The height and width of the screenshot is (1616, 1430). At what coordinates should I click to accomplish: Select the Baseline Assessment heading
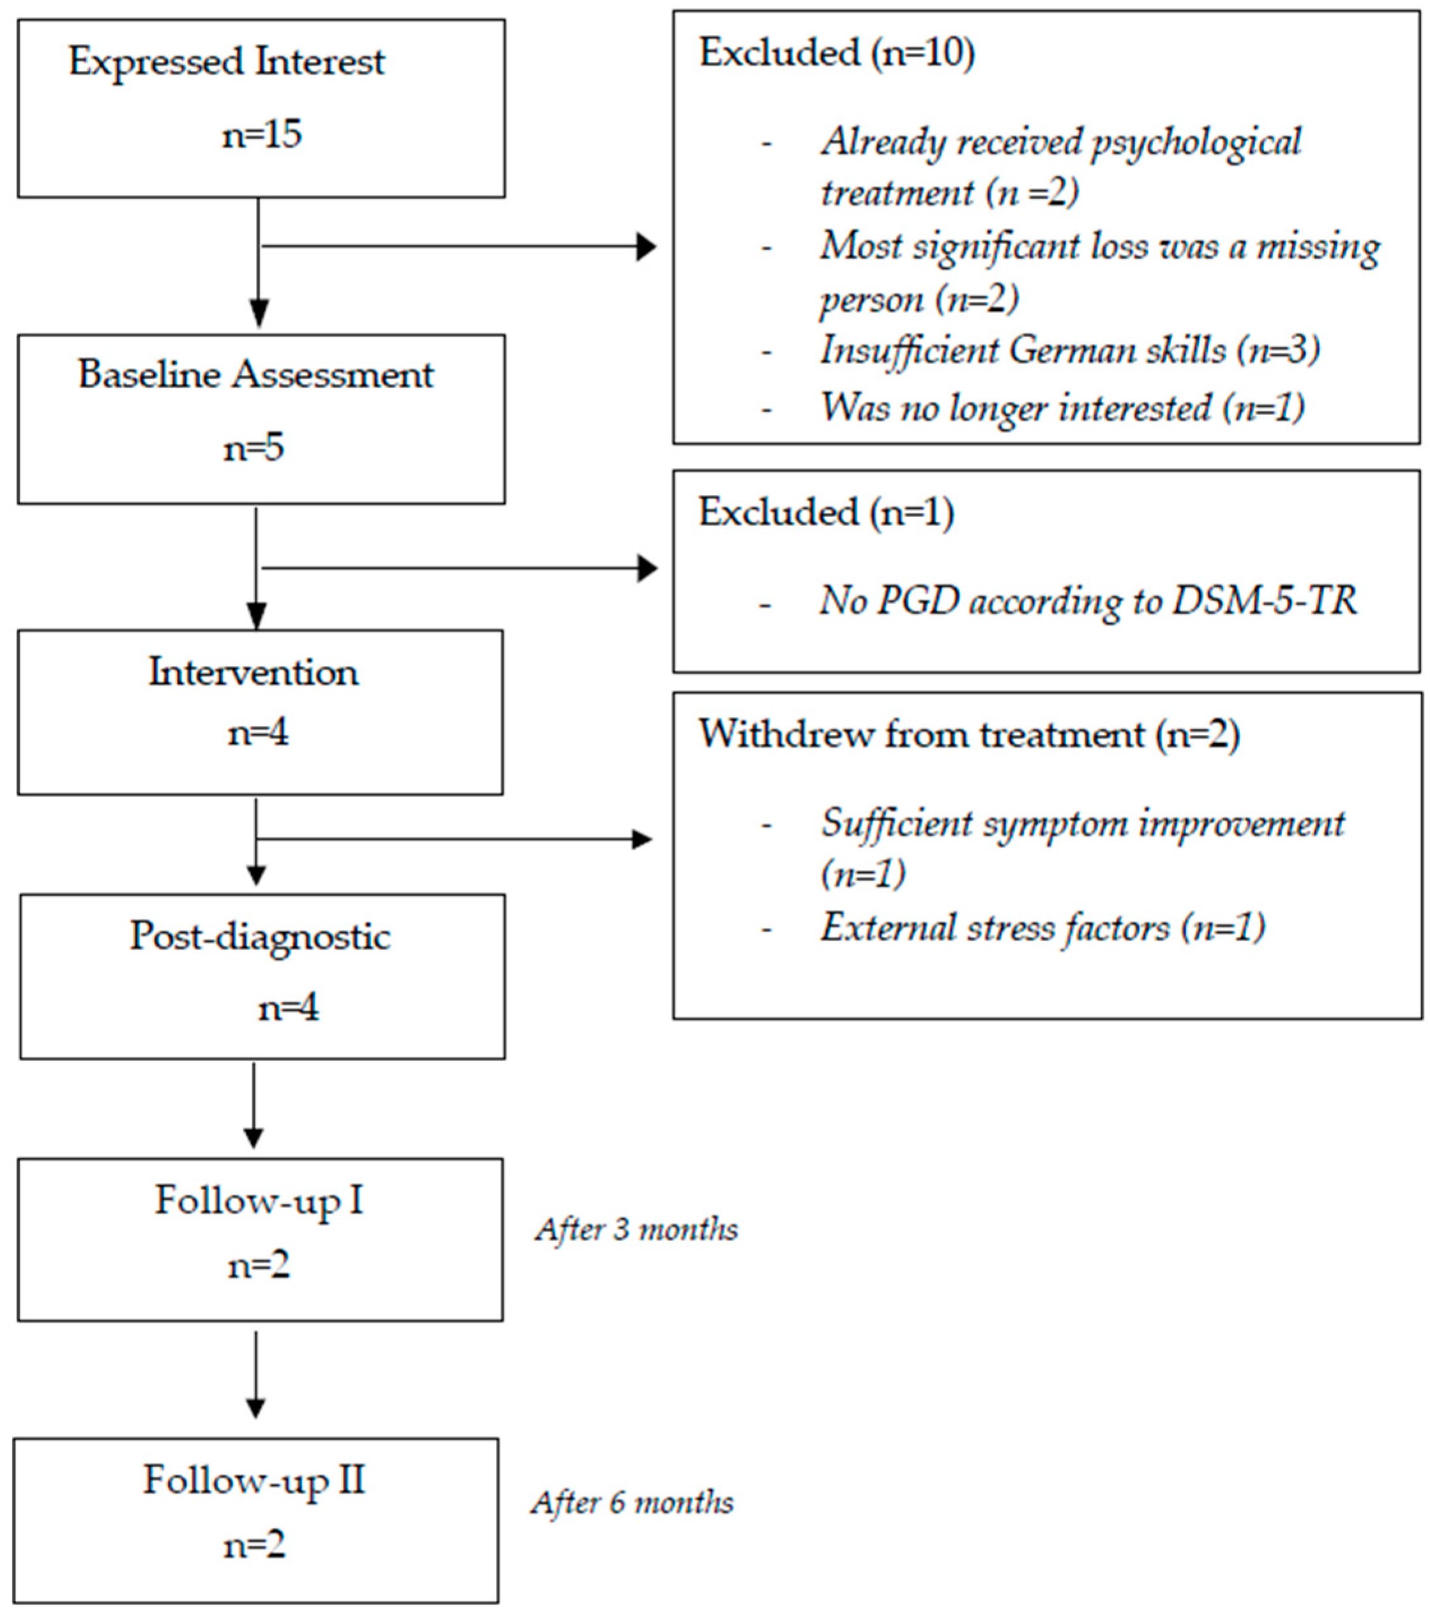pos(255,375)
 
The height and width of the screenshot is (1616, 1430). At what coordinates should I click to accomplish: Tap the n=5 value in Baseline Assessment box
pos(253,448)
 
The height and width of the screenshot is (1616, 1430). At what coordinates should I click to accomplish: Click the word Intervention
pos(253,673)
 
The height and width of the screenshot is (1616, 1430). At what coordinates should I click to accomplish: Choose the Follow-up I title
pos(259,1201)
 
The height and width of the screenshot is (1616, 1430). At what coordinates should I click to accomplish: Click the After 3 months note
pos(636,1229)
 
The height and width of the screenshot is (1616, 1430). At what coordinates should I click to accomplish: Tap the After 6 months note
pos(633,1503)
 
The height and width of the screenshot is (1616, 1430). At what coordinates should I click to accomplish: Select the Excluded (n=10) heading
pos(836,54)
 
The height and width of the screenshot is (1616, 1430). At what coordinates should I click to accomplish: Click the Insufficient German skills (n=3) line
pos(1069,351)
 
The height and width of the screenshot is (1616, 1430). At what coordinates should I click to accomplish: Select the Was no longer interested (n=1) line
pos(1062,409)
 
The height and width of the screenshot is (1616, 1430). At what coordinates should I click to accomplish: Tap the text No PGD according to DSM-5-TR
pos(1088,601)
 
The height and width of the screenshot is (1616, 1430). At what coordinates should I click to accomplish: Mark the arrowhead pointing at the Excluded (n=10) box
pos(647,246)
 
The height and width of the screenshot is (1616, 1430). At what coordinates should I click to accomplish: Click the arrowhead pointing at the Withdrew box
pos(643,840)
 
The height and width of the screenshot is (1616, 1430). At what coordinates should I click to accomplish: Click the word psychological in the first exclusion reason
pos(1195,143)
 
